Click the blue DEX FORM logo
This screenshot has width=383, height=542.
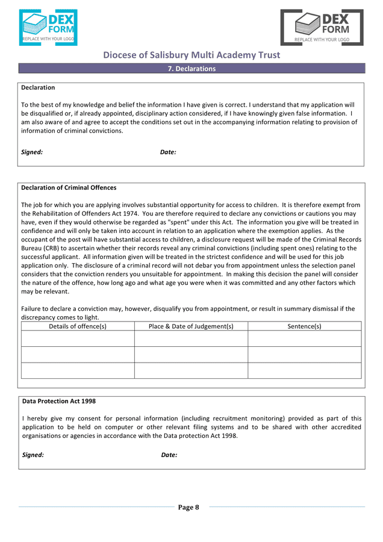tap(48, 28)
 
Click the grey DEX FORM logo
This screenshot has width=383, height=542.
tap(322, 28)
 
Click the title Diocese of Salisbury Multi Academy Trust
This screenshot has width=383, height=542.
tap(191, 55)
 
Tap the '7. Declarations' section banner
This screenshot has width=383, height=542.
tap(191, 69)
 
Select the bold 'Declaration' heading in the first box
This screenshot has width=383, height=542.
tap(38, 88)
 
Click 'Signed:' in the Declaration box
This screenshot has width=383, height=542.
tap(32, 152)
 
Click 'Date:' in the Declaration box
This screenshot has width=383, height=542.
tap(168, 152)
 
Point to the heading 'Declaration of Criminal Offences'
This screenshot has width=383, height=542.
tap(69, 188)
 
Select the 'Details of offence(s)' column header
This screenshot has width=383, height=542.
tap(78, 326)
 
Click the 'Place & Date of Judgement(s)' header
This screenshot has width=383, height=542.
tap(191, 326)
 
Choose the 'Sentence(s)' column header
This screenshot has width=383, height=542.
tap(304, 326)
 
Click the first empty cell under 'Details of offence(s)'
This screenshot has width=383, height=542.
tap(78, 338)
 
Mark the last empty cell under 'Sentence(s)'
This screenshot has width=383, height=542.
tap(304, 370)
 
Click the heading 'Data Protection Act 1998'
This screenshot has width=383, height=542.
tap(59, 401)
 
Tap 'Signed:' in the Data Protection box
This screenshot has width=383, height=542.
tap(33, 455)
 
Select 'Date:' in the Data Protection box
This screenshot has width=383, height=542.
tap(169, 455)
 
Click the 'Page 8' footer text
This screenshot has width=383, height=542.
tap(188, 508)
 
